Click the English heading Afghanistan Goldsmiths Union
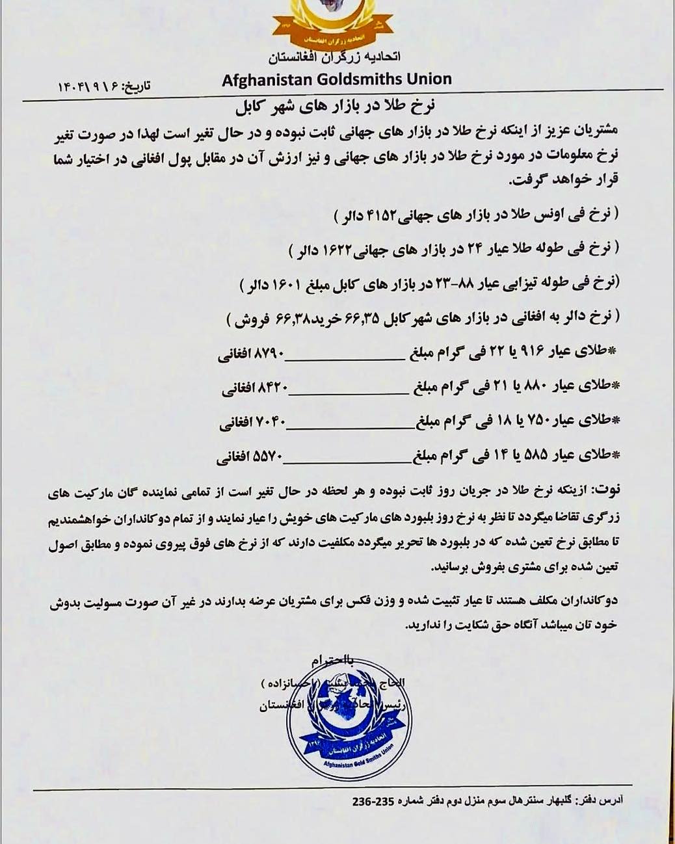click(x=336, y=79)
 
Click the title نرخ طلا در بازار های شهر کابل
click(x=333, y=107)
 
